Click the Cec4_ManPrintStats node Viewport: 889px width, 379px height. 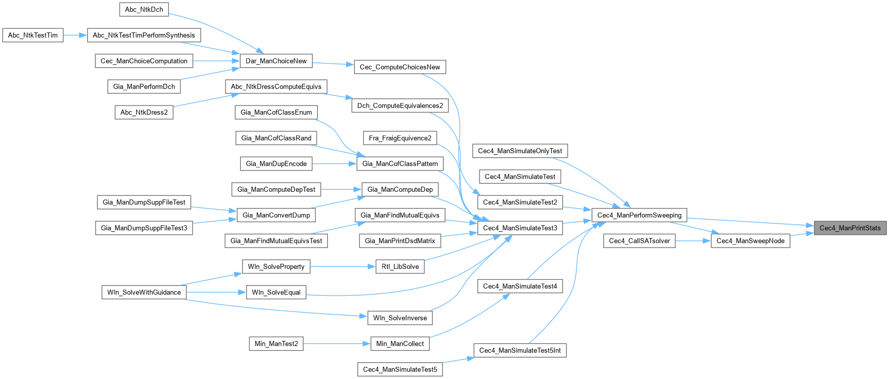850,228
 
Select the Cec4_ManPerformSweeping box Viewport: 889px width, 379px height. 639,215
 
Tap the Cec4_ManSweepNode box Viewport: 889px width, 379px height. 750,241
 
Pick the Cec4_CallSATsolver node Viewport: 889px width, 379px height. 639,241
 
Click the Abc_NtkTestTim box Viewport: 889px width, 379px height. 33,36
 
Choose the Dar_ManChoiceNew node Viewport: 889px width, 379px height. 276,61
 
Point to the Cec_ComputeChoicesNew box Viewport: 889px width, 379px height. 400,67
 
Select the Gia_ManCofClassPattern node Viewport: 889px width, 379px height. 400,164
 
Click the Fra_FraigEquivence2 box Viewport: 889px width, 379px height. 400,138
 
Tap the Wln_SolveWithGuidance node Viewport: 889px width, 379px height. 144,292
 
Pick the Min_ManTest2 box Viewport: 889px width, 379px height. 276,344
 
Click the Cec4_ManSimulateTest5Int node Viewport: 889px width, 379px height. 520,351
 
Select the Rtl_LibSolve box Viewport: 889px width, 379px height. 400,267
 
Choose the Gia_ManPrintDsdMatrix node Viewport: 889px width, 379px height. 400,241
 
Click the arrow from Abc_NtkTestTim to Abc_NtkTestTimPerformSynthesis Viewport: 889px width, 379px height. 76,36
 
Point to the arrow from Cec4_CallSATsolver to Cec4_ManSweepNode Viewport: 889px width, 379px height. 693,241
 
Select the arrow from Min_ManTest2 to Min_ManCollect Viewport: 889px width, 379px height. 337,344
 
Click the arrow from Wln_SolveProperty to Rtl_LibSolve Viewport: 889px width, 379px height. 343,267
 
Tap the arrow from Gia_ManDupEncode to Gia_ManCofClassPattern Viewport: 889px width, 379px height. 335,164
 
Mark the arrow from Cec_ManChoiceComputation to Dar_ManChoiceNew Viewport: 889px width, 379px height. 216,61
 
